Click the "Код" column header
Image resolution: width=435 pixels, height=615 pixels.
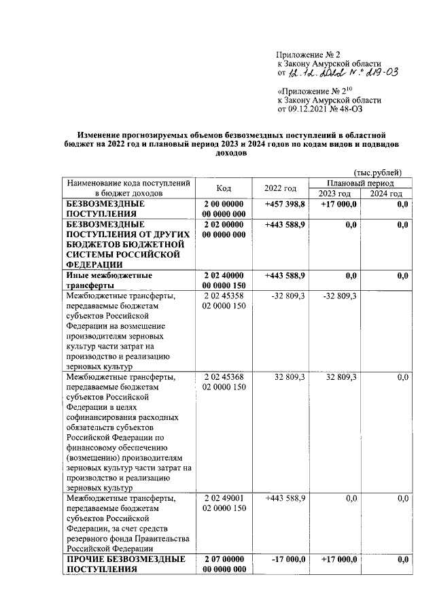(x=224, y=189)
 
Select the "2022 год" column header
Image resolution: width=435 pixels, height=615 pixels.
(x=280, y=189)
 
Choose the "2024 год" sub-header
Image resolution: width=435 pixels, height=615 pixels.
(x=386, y=194)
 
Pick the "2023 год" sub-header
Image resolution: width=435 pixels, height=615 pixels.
(x=335, y=194)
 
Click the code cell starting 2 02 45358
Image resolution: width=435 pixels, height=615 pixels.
(x=224, y=301)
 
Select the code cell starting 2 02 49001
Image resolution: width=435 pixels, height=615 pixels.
(x=224, y=504)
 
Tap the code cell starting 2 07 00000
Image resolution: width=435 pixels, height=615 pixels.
(x=224, y=565)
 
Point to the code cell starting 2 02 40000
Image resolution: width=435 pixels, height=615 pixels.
(x=224, y=281)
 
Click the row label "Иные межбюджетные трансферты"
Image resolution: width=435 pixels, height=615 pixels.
(x=108, y=281)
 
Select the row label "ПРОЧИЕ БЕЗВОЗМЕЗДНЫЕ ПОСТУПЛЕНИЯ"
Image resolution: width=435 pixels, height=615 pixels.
(x=126, y=565)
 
